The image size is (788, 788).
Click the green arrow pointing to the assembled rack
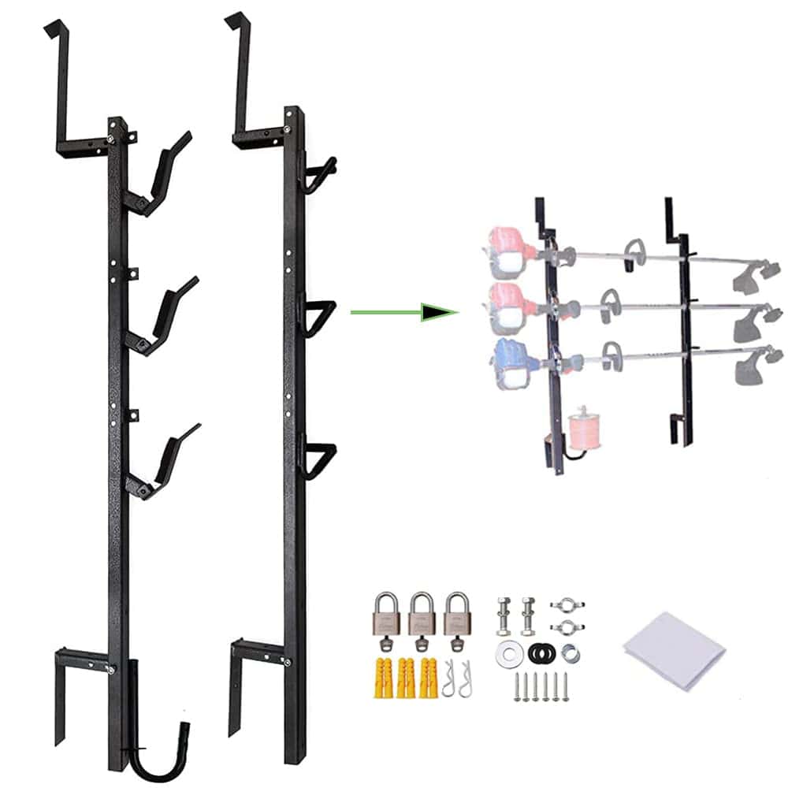coord(402,312)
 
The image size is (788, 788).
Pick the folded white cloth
coord(674,646)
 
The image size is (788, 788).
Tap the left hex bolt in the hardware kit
coord(504,615)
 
